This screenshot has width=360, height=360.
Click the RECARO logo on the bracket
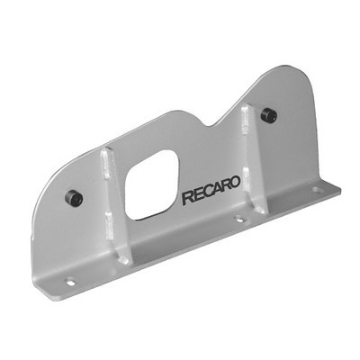(211, 191)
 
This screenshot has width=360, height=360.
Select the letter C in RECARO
(207, 193)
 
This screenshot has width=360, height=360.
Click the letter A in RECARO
(216, 189)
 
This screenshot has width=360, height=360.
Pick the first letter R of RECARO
(187, 199)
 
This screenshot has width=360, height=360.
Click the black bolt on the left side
(74, 198)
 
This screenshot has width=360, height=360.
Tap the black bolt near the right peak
(268, 115)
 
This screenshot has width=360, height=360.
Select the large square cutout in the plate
(151, 184)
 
